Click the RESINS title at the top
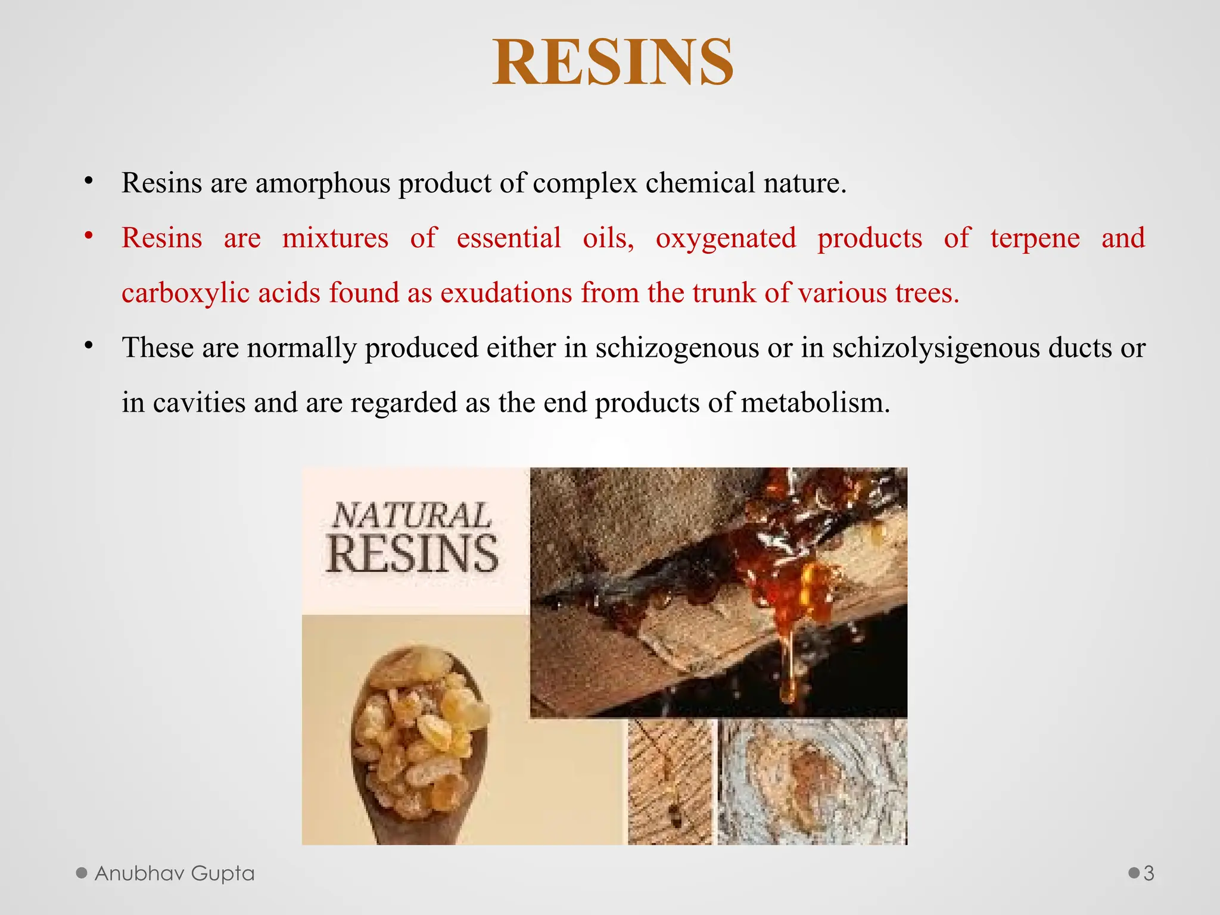click(612, 63)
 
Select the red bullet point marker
click(89, 236)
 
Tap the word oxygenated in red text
click(726, 238)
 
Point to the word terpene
click(1035, 238)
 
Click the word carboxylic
click(185, 293)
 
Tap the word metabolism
click(816, 403)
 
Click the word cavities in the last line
click(199, 403)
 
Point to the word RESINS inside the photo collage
click(412, 554)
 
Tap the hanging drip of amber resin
click(788, 667)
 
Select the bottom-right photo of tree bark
click(813, 782)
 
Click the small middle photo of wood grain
click(670, 782)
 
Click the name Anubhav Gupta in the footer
click(174, 873)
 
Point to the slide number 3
click(1149, 873)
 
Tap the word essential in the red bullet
click(509, 238)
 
